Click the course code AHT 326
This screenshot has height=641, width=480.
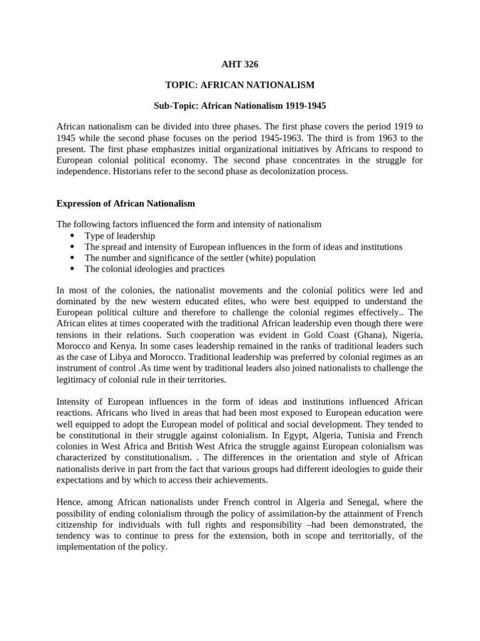point(240,64)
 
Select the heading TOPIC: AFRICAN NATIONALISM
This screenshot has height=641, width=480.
point(240,85)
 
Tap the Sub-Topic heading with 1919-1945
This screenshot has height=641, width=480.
point(240,106)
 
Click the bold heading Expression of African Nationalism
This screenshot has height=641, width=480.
point(126,203)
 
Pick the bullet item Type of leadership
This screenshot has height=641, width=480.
point(120,236)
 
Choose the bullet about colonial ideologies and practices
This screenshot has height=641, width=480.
point(154,269)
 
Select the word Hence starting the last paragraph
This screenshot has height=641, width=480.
point(70,502)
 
